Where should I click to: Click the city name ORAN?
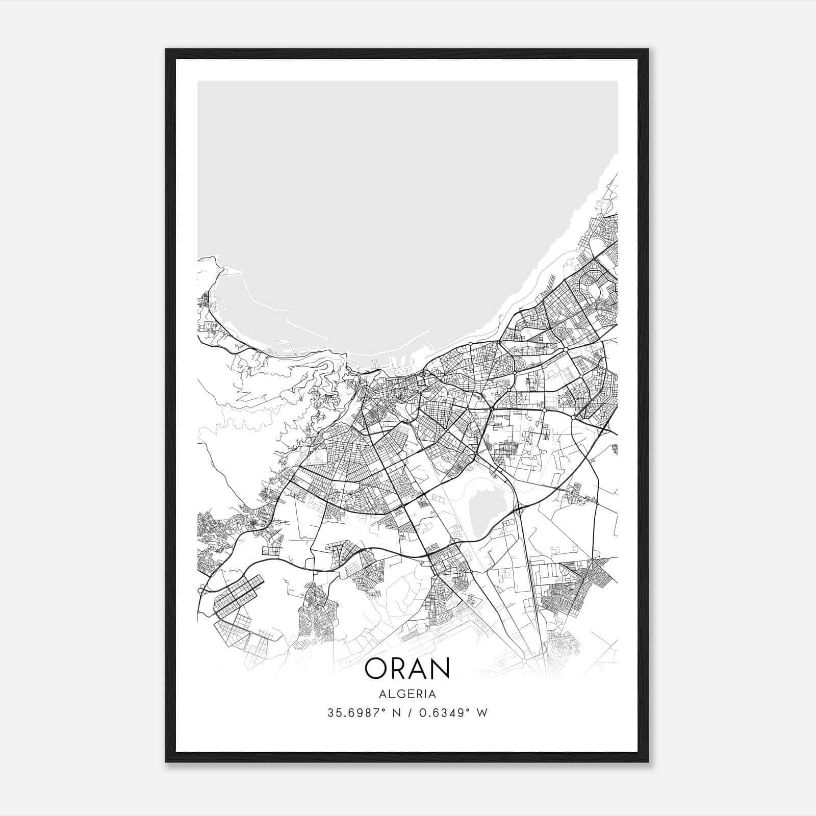pos(407,668)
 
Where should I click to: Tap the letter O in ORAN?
pos(376,668)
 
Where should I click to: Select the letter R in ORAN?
pos(399,668)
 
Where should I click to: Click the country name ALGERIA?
pos(407,694)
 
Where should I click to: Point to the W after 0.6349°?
pos(482,713)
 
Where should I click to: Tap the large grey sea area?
pos(398,204)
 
